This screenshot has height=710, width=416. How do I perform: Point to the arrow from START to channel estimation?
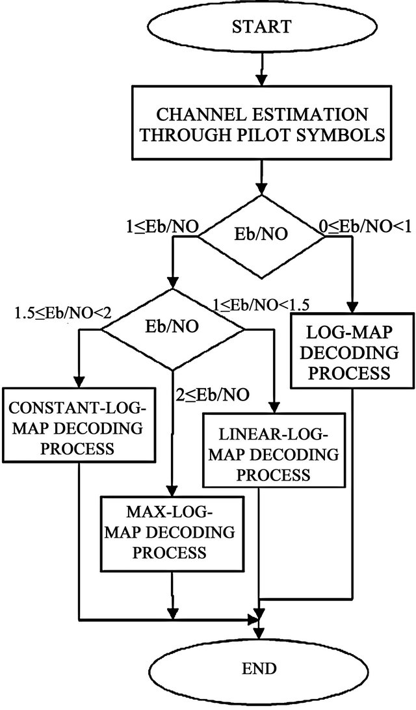(x=261, y=64)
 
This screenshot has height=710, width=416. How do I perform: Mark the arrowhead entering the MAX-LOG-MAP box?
(x=172, y=491)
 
